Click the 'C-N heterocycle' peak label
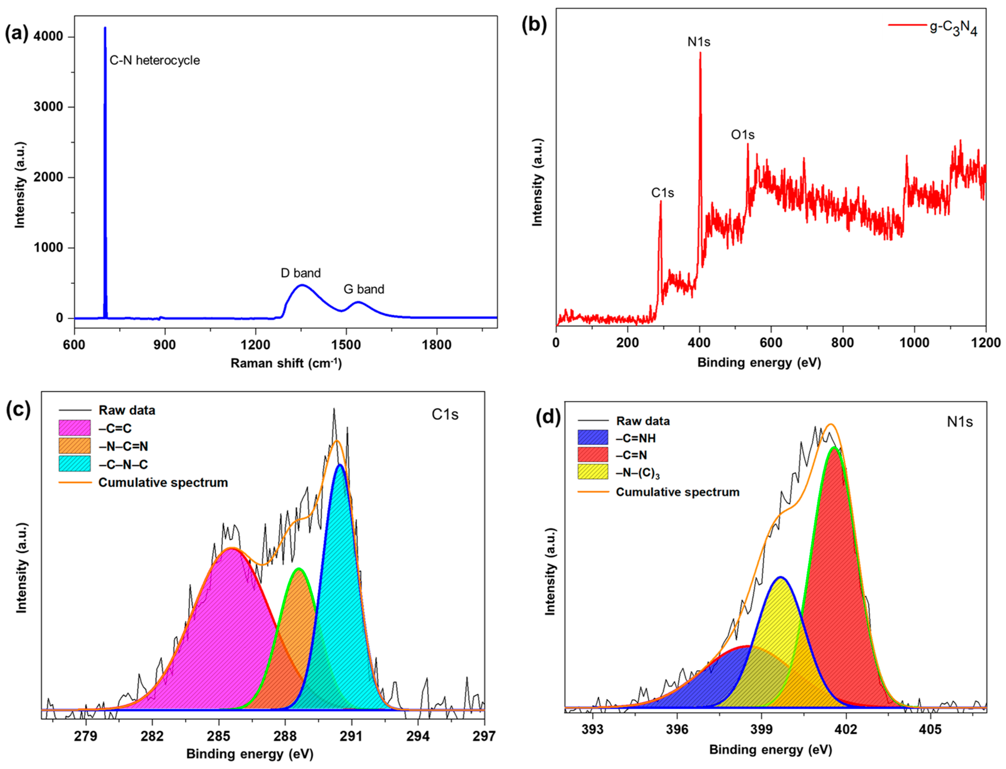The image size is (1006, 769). pos(154,61)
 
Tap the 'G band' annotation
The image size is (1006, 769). pos(364,289)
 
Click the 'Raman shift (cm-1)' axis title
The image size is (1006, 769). pos(286,363)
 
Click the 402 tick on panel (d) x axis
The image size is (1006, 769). pos(846,729)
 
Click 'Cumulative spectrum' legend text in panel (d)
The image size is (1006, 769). pos(677,492)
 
